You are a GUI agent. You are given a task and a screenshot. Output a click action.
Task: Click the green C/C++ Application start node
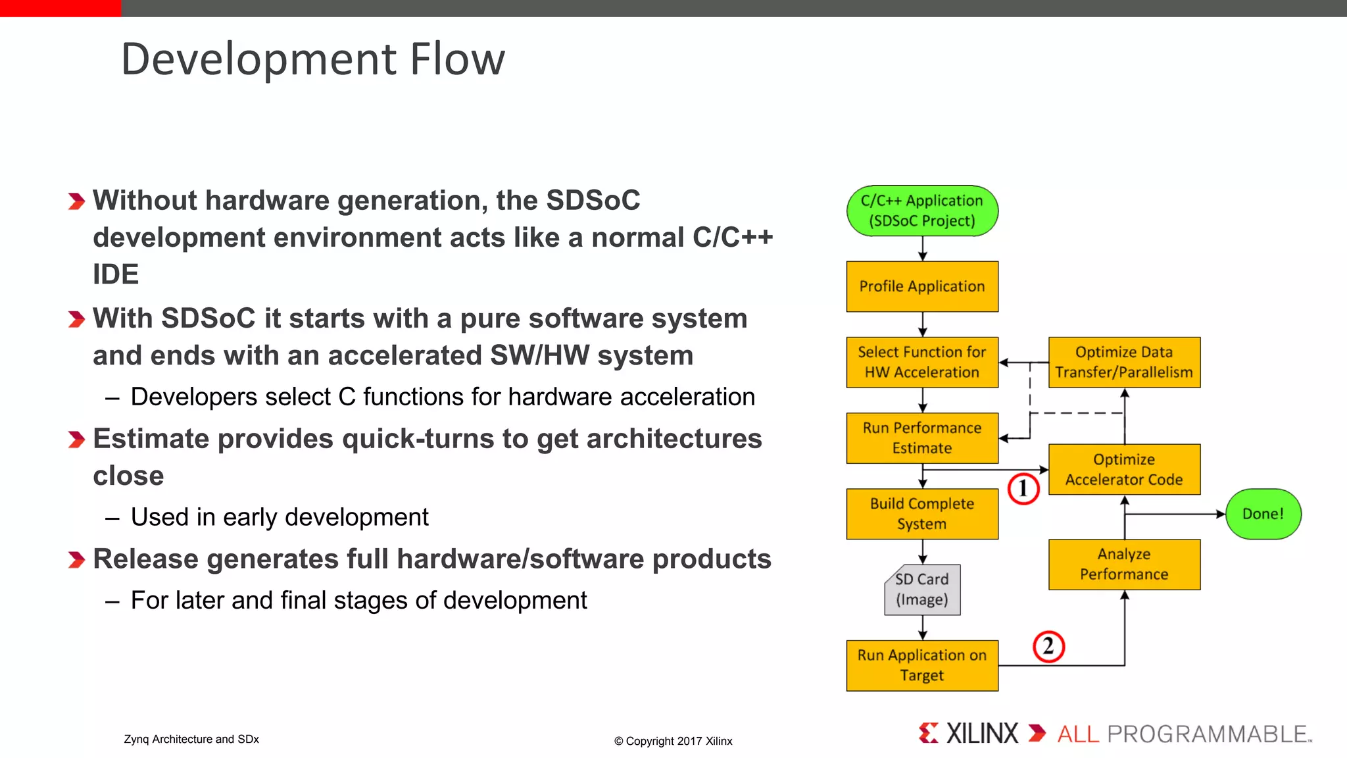click(922, 211)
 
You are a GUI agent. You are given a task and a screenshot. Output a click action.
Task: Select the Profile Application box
click(922, 286)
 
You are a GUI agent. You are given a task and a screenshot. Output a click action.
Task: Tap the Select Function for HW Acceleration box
click(922, 362)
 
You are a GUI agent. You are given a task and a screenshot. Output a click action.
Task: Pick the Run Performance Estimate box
click(922, 438)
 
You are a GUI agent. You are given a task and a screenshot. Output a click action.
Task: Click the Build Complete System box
click(922, 514)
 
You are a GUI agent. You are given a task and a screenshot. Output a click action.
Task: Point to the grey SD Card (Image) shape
click(922, 590)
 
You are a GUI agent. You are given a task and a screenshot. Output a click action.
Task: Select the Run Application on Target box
click(922, 665)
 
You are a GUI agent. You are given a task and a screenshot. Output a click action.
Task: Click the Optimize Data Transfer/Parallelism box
click(1124, 362)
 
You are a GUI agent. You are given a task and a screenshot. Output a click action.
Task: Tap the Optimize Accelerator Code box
click(1124, 469)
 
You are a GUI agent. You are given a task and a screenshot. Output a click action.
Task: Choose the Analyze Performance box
click(1124, 564)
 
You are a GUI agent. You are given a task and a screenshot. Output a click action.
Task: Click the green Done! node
click(1263, 514)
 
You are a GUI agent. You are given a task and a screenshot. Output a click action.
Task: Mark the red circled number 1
click(1023, 489)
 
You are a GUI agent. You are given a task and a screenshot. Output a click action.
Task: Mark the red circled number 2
click(1048, 646)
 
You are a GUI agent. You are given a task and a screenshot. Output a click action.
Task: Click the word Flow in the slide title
click(457, 59)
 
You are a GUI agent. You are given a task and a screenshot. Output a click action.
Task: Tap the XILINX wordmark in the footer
click(982, 733)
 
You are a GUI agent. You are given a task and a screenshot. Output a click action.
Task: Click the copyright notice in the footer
click(673, 741)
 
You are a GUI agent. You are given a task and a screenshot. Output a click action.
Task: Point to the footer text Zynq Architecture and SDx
click(191, 739)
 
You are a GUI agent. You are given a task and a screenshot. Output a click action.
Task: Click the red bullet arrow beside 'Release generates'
click(76, 560)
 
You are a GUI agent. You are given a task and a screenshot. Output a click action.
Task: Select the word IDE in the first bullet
click(116, 274)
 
